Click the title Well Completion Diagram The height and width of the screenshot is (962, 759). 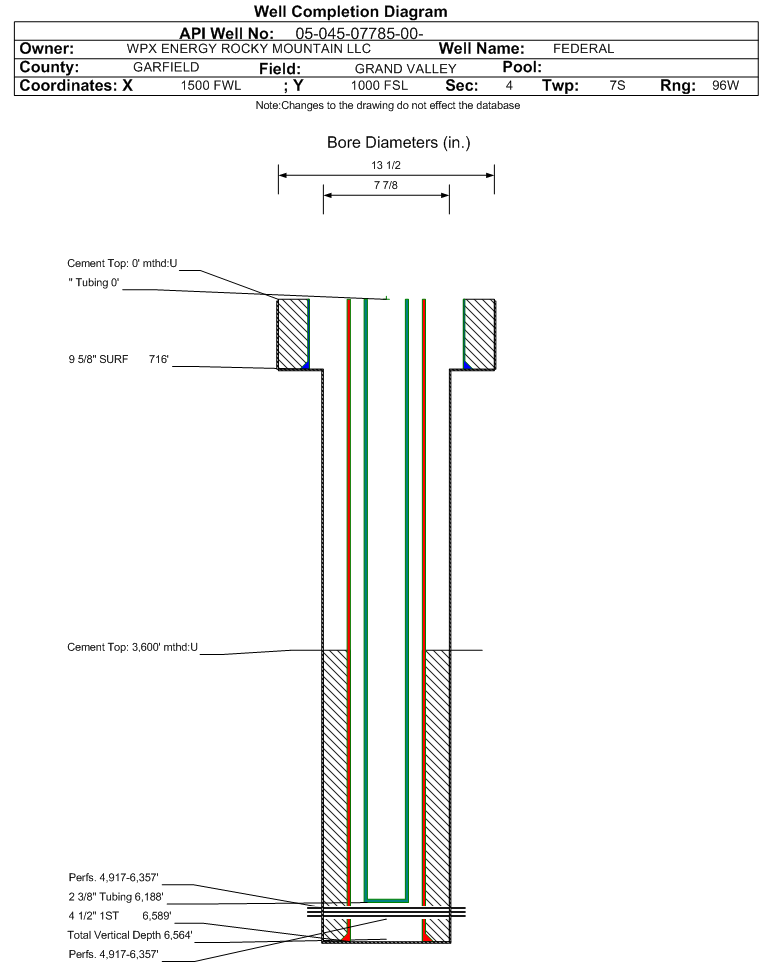coord(351,12)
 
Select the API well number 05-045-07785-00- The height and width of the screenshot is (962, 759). coord(360,33)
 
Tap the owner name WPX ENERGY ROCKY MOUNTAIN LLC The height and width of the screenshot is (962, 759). coord(249,48)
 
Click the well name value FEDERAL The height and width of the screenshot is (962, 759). coord(583,48)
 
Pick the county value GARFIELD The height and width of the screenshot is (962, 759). coord(166,67)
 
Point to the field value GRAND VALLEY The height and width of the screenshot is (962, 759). coord(406,69)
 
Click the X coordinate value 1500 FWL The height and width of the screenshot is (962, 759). coord(210,85)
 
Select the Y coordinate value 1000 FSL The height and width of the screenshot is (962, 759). coord(379,85)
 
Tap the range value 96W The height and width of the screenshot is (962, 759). coord(725,85)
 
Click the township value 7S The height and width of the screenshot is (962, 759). coord(617,85)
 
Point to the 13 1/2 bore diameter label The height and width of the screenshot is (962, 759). coord(386,165)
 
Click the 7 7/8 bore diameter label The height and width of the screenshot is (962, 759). coord(386,185)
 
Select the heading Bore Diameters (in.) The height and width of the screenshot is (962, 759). coord(399,143)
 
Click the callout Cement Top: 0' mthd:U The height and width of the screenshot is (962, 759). coord(122,263)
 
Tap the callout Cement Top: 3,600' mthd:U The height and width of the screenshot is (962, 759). coord(133,647)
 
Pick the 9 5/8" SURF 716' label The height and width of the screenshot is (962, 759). coord(118,359)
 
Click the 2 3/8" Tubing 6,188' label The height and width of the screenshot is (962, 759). coord(116,896)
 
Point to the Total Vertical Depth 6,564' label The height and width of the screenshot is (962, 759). coord(130,935)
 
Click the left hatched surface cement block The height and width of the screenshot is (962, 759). coord(292,334)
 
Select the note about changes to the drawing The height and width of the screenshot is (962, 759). coord(388,106)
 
